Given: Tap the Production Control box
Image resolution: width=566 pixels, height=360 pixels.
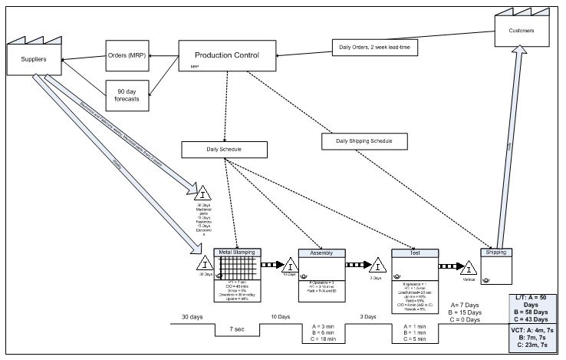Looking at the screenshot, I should point(226,56).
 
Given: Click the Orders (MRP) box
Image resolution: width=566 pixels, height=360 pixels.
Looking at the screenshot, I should point(127,55).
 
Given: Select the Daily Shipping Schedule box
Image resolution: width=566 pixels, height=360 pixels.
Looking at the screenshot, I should point(360,141).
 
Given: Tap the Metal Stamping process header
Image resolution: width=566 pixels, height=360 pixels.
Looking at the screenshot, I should point(237,252).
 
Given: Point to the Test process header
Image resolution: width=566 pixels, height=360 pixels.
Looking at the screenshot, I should point(413,252).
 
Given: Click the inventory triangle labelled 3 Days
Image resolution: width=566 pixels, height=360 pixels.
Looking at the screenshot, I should point(377,264).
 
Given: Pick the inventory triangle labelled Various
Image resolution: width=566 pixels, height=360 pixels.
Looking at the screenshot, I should point(468,267).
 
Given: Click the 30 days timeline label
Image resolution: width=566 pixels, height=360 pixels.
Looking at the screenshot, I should point(191,316).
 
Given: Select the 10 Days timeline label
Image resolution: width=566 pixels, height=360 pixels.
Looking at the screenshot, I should point(280,316).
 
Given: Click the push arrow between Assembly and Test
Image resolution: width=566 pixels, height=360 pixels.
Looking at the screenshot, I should point(360,265).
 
